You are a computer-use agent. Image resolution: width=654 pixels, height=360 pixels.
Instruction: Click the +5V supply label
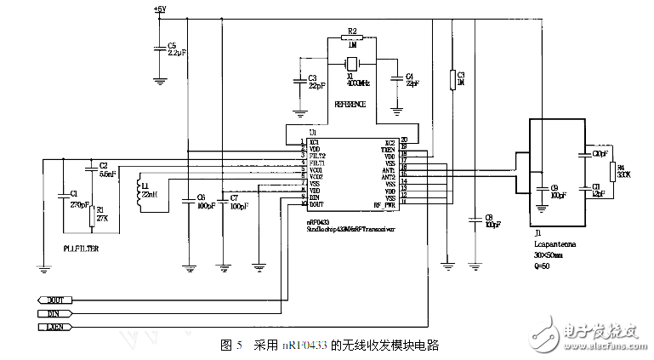161,9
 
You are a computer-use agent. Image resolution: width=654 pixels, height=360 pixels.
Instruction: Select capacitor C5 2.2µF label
177,49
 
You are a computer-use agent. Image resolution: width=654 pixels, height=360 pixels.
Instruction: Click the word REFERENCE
350,104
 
